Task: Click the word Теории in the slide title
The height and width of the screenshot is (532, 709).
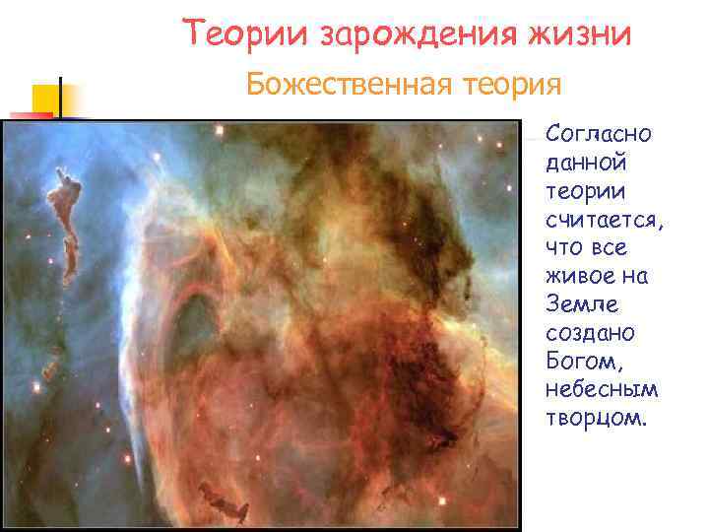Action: coord(246,35)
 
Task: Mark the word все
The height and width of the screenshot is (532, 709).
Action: coord(612,246)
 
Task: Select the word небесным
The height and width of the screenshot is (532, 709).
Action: coord(601,389)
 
